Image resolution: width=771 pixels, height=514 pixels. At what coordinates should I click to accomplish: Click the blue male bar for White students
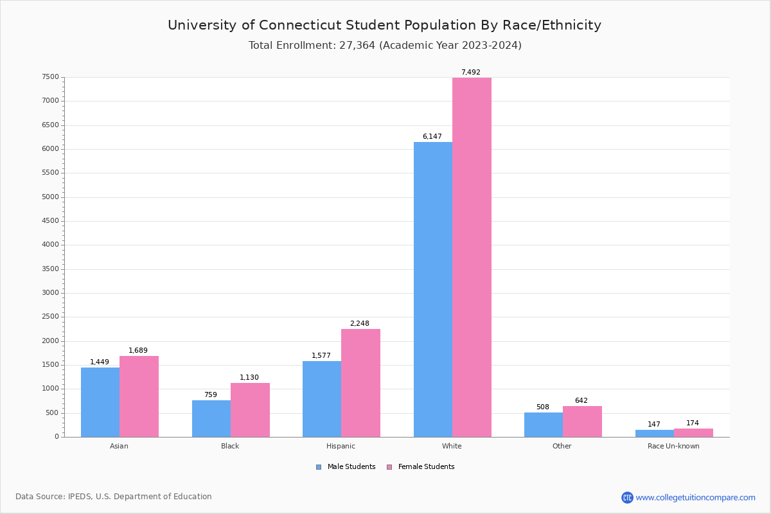pos(432,289)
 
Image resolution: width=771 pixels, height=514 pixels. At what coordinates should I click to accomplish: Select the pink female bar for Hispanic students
pos(360,383)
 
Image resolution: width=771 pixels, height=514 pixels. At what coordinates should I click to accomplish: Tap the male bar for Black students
pos(211,418)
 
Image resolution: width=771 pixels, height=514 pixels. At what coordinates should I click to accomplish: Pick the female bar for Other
pos(582,421)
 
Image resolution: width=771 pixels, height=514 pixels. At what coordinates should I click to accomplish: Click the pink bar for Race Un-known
pos(693,432)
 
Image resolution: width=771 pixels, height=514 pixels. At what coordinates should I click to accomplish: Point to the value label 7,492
pos(470,73)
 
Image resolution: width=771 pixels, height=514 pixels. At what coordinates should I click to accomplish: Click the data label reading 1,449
pos(100,362)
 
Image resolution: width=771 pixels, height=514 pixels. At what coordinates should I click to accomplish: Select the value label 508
pos(543,407)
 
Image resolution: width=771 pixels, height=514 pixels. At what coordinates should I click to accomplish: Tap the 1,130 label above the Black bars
pos(249,378)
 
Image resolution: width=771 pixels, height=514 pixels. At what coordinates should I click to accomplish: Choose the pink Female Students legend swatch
pos(389,467)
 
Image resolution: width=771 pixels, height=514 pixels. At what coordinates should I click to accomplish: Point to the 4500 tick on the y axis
pos(51,221)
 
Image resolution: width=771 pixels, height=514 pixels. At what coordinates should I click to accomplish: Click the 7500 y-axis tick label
pos(51,77)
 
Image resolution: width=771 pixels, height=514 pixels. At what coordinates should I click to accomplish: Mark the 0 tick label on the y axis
pos(57,437)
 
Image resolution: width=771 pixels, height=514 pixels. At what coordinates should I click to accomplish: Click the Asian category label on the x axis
pos(119,446)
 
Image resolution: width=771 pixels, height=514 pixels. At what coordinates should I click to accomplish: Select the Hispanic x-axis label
pos(341,446)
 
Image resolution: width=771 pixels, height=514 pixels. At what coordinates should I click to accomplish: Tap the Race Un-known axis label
pos(673,446)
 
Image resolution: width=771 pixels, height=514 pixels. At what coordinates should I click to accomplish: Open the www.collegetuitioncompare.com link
pos(695,497)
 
